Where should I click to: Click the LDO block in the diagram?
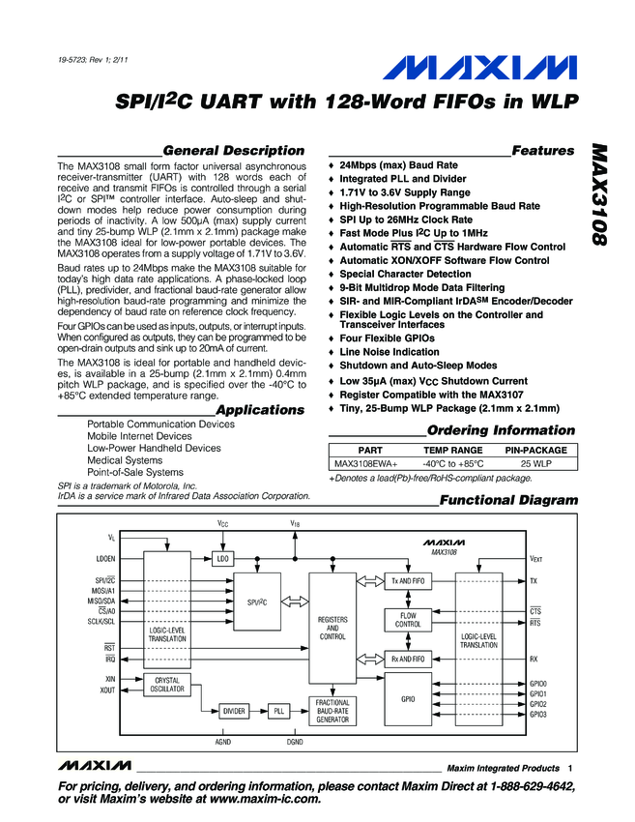tap(223, 558)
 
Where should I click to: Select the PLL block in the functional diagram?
tap(279, 711)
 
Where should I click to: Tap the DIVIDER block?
tap(234, 711)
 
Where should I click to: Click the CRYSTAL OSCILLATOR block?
tap(167, 685)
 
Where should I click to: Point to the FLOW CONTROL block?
tap(407, 620)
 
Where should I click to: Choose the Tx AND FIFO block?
tap(407, 581)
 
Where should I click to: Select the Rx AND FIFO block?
tap(407, 660)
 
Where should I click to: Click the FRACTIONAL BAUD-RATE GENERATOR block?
tap(332, 711)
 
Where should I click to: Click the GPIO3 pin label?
tap(538, 714)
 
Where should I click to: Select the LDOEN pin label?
tap(105, 559)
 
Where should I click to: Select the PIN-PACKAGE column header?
tap(536, 451)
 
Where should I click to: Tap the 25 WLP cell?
tap(536, 464)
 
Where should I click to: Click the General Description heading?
tap(234, 151)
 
